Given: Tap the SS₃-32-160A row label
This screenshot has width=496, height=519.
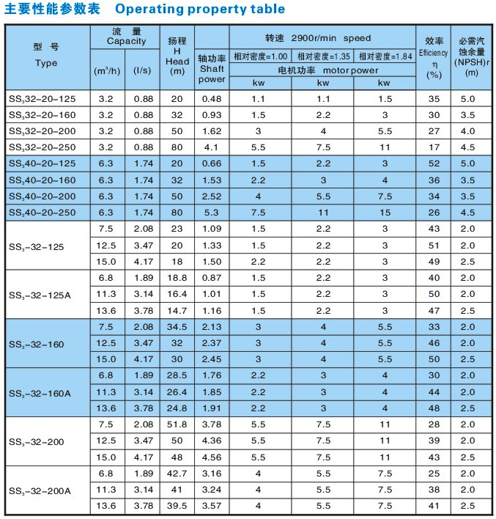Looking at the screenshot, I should (x=40, y=393).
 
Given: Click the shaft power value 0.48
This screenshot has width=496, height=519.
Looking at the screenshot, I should (x=212, y=98).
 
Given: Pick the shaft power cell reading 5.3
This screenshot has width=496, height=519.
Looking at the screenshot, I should (x=212, y=213).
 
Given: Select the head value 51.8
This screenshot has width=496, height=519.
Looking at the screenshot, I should (x=177, y=425).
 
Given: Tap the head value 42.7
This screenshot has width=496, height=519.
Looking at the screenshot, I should (x=177, y=474).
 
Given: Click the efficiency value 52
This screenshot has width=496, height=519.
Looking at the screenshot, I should (x=434, y=163).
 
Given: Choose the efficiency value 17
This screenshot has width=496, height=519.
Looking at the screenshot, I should (x=434, y=147).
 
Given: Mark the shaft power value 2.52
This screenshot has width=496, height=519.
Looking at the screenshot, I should (x=212, y=196).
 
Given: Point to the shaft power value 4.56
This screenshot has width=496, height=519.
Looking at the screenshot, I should (x=212, y=457).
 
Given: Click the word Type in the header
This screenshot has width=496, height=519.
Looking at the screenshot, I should (x=46, y=64).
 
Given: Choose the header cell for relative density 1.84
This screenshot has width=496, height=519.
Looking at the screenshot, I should (x=384, y=56).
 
